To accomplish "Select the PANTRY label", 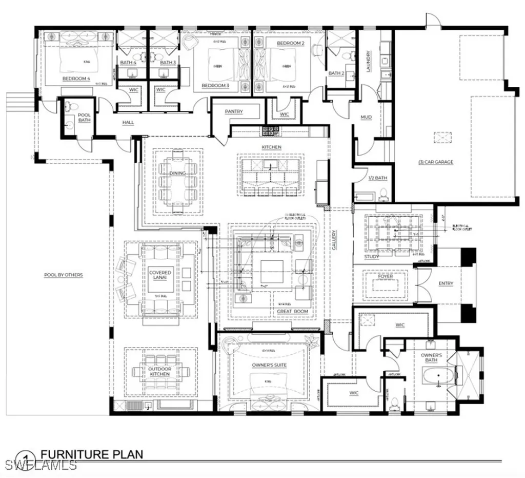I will [234, 111].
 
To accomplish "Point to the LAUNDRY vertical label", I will [368, 61].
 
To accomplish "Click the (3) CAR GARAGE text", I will [436, 162].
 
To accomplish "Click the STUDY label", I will [372, 256].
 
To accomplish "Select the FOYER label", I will [386, 276].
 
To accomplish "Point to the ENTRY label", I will [446, 283].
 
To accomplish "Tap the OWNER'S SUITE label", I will [269, 365].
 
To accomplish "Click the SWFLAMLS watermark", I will [38, 466].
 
